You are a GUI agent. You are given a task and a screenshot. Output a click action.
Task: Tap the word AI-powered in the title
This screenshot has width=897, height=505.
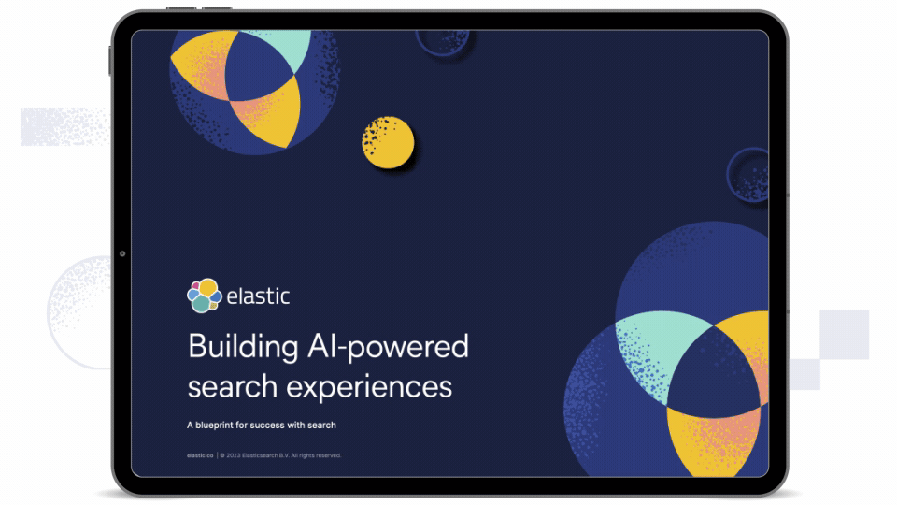click(388, 347)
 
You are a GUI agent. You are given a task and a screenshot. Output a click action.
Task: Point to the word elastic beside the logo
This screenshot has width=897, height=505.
click(258, 296)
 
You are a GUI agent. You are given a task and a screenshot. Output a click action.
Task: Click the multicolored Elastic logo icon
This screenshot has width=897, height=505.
click(204, 296)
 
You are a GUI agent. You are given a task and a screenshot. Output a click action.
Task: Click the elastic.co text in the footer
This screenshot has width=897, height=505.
click(199, 455)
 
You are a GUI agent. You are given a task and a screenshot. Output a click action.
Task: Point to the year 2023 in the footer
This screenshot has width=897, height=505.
click(234, 455)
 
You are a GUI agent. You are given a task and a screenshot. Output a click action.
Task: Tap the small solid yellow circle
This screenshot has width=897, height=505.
click(388, 143)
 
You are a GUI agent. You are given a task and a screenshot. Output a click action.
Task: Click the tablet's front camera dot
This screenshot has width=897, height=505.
click(122, 253)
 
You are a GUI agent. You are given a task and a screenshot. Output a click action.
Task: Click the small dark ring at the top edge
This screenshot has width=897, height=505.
click(442, 40)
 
